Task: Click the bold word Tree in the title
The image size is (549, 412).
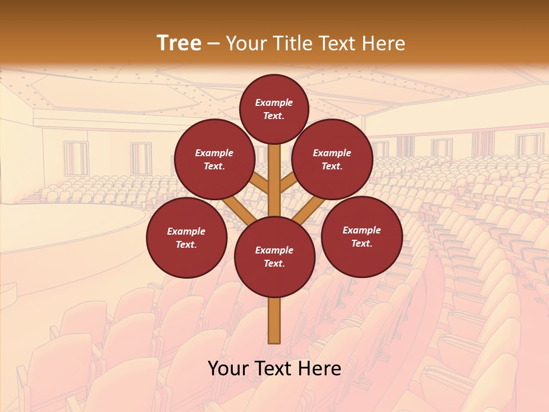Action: coord(179,43)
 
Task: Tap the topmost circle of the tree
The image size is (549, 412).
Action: coord(274,109)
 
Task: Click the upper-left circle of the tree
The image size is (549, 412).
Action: coord(214,159)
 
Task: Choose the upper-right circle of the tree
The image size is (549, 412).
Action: coord(332,159)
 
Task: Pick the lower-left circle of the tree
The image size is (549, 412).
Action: coord(186,237)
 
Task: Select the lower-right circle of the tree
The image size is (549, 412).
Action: coord(361,236)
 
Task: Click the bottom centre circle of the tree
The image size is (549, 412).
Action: coord(274,256)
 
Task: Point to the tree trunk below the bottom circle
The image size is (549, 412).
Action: coord(274,320)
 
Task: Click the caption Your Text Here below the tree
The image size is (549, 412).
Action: coord(274,369)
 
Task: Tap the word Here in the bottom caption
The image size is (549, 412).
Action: coord(317,369)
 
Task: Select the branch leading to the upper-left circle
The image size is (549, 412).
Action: coord(258,183)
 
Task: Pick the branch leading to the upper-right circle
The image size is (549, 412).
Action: coord(290,182)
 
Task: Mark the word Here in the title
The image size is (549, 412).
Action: coord(383,43)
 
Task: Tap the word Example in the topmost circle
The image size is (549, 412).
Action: coord(274,102)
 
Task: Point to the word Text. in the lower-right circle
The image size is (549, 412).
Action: coord(361,243)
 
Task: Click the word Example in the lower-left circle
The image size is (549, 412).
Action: coord(186,231)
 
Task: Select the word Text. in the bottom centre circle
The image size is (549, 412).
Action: coord(274,263)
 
